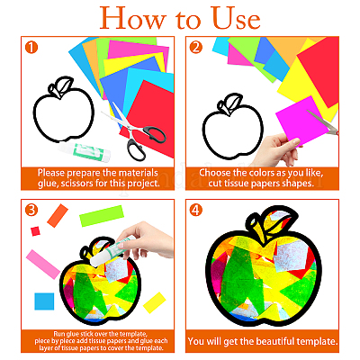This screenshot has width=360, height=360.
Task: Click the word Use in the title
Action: tap(235, 18)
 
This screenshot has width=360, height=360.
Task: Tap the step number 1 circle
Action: tap(31, 48)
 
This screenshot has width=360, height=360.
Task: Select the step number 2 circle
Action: tap(196, 48)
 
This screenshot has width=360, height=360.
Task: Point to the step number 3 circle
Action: tap(31, 210)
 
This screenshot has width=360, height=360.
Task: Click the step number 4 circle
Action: tap(196, 210)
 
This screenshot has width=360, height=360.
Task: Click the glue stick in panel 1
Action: tap(85, 150)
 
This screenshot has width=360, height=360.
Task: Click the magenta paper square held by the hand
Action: tap(300, 120)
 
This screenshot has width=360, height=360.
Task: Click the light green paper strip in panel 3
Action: tap(102, 216)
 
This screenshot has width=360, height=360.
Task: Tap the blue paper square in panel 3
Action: tap(44, 301)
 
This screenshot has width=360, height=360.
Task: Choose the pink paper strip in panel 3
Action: tap(43, 265)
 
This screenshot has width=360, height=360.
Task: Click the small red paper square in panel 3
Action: tap(35, 231)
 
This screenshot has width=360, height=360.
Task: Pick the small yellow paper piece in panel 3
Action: tap(155, 302)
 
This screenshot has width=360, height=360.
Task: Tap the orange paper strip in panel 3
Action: tap(58, 216)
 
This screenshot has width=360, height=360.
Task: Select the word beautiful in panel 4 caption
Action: tap(275, 341)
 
